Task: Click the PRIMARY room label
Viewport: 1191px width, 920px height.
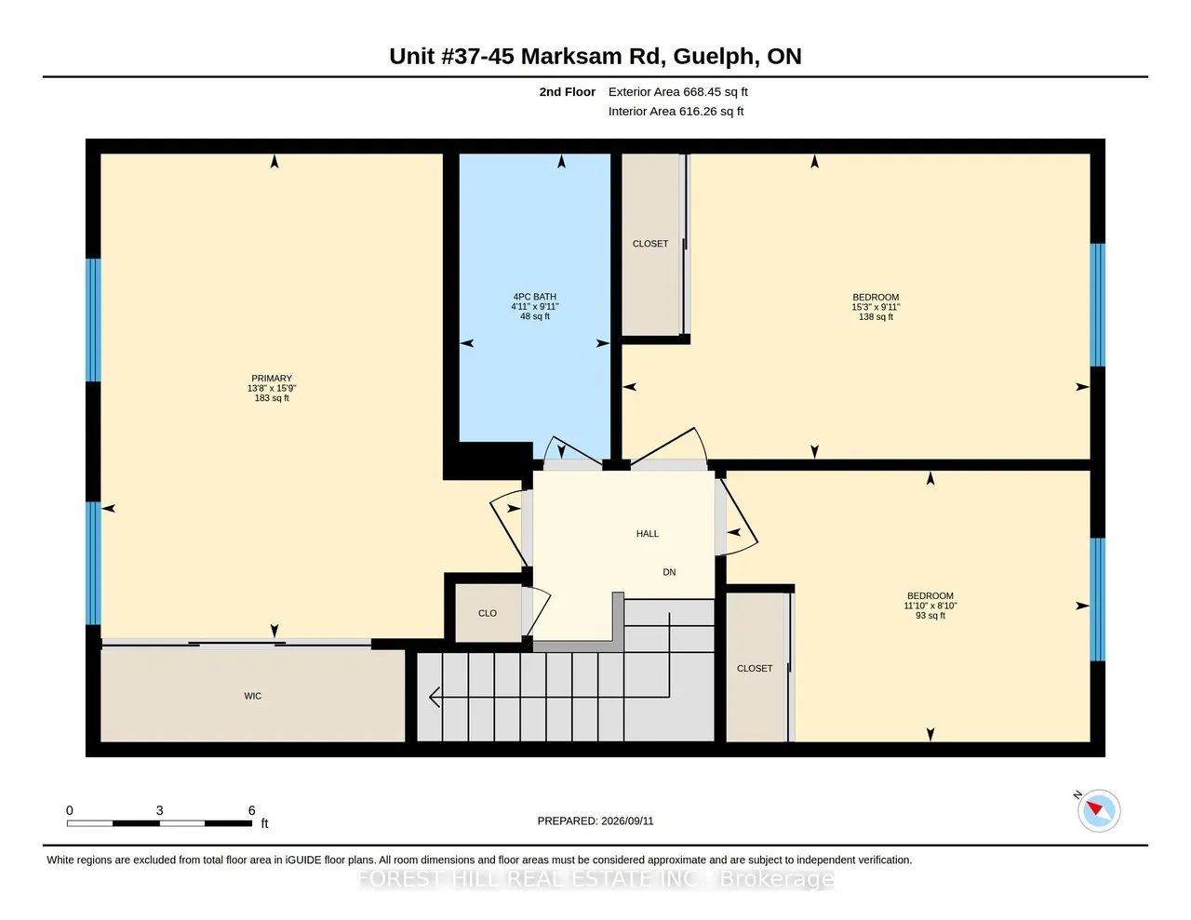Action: [272, 378]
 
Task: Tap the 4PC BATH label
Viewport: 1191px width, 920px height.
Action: [534, 297]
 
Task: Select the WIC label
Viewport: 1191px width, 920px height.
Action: [253, 696]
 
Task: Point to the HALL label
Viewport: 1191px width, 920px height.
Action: [648, 534]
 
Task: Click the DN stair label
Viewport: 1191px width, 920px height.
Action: [669, 572]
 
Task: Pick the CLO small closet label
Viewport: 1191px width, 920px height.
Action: [488, 613]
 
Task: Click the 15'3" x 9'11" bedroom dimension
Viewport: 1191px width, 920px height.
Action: [876, 307]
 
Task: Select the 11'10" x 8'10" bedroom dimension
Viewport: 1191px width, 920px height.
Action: [930, 606]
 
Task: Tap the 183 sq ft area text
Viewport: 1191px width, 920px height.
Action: [272, 398]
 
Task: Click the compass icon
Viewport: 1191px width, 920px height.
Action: [1098, 810]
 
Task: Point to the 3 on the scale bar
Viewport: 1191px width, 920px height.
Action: [159, 810]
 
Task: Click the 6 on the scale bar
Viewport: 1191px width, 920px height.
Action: [251, 810]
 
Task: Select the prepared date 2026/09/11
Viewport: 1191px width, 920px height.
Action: [627, 820]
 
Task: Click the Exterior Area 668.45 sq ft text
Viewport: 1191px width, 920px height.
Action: [678, 92]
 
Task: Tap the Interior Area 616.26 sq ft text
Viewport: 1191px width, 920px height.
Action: [676, 112]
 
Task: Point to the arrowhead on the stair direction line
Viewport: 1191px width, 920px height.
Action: [435, 697]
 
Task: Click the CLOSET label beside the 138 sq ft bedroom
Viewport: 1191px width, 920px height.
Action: [650, 244]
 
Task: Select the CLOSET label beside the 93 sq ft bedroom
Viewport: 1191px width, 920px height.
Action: [755, 669]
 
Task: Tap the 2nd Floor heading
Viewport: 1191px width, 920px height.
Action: [568, 92]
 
